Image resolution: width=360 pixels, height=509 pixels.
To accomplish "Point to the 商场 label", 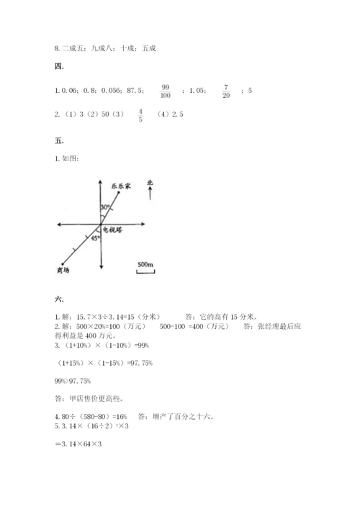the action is click(63, 270).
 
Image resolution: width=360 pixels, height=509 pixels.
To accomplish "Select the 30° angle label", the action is click(106, 207).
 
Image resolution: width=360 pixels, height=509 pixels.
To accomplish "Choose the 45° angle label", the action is click(95, 238).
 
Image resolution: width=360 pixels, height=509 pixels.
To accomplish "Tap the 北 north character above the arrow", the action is click(149, 184).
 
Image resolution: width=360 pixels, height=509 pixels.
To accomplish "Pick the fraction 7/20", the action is click(225, 91).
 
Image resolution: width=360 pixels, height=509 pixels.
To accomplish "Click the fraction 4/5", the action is click(140, 115).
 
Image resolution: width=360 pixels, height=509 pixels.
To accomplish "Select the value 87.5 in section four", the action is click(135, 91).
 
